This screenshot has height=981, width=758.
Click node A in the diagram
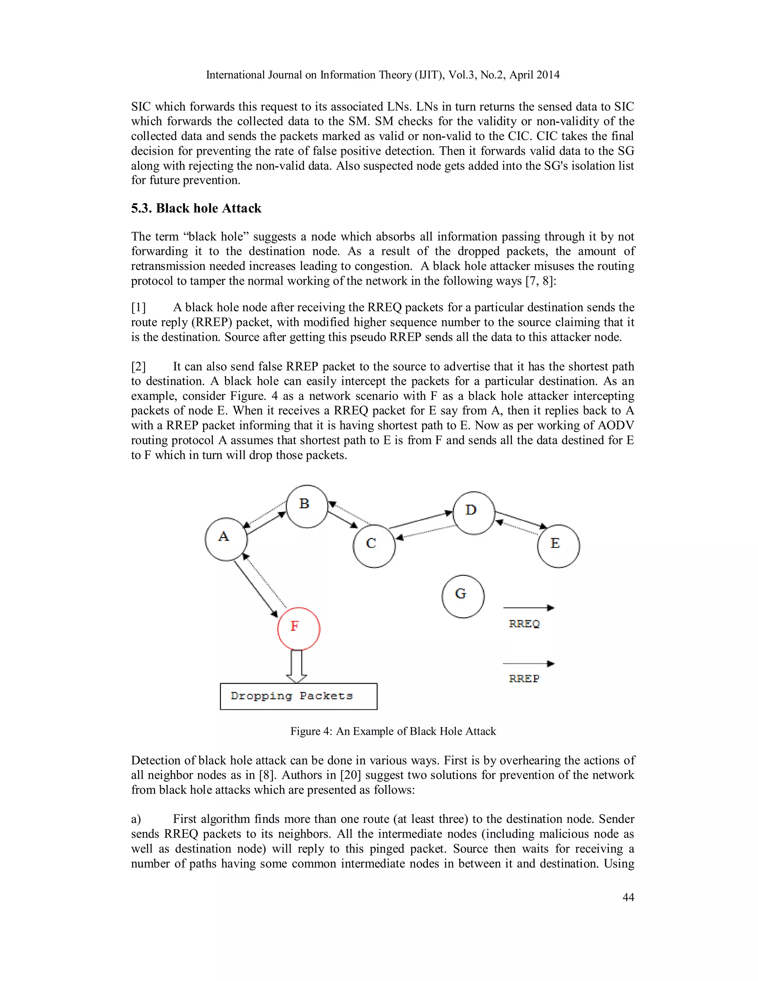coord(226,539)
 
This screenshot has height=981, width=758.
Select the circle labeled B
coord(307,506)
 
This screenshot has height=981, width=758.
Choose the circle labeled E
coord(558,546)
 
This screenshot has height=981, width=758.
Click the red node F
coord(299,629)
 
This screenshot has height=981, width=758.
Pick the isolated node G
coord(463,596)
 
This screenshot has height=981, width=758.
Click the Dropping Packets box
coord(298,696)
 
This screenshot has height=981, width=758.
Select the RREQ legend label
coord(524,623)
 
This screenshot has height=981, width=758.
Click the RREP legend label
coord(524,678)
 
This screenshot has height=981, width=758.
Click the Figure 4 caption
coord(393,731)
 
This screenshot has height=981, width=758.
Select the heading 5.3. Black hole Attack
coord(196,208)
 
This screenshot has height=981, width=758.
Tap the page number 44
coord(628,897)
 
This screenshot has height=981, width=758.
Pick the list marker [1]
coord(138,308)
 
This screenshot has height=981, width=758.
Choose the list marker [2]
coord(138,366)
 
